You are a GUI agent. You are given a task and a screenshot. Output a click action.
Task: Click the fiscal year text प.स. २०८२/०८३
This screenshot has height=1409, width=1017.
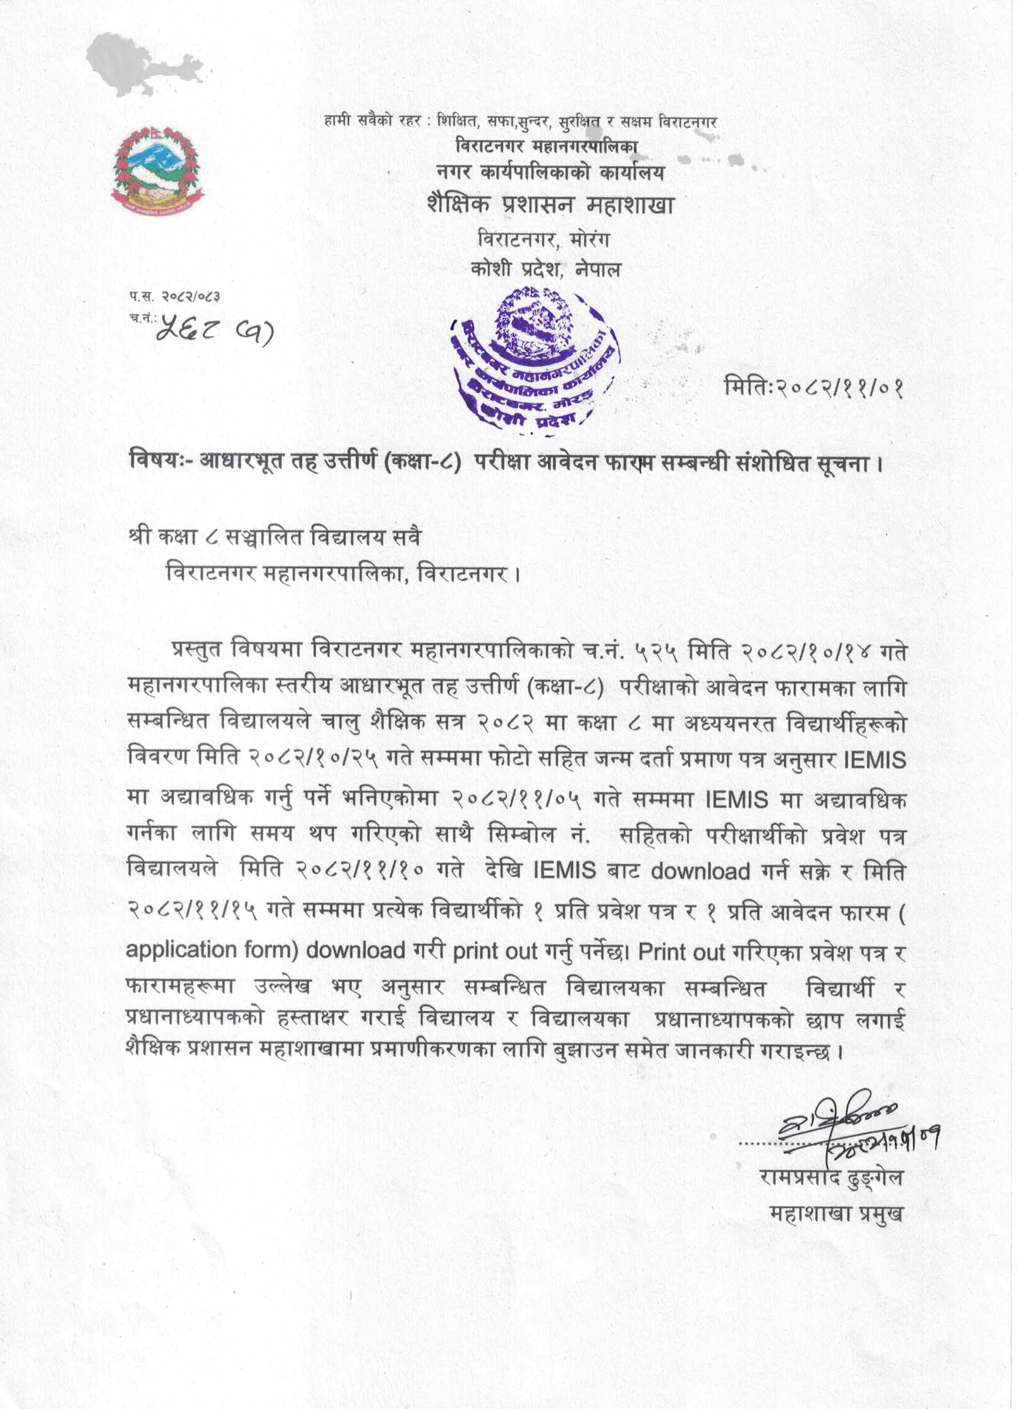[175, 297]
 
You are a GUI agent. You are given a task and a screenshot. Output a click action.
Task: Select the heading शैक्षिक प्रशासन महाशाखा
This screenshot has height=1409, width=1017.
[550, 204]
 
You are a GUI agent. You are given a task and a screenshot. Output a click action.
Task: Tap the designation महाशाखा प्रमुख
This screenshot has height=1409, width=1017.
[836, 1213]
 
